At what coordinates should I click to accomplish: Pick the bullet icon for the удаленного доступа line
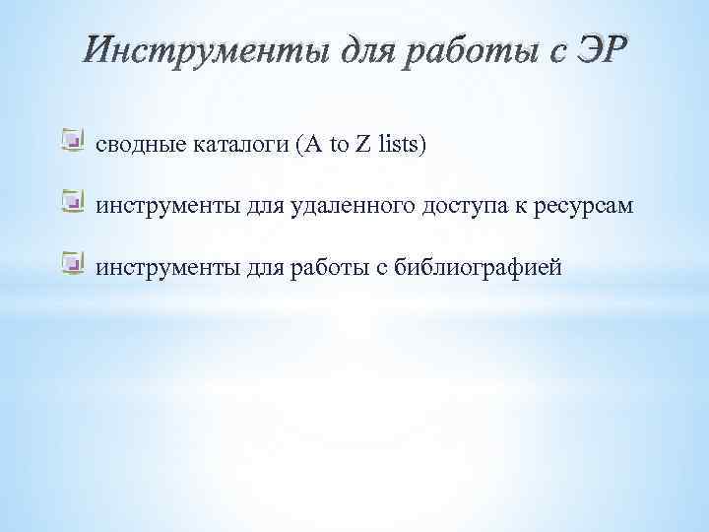[71, 203]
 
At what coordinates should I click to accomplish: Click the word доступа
[465, 206]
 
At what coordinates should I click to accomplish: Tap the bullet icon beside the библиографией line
[71, 263]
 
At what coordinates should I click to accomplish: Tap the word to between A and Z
[338, 146]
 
